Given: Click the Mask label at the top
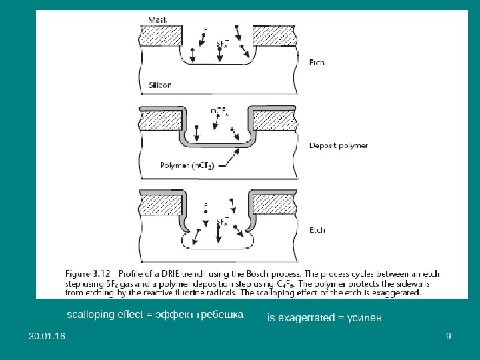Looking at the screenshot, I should click(x=158, y=19).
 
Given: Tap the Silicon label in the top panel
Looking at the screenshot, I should click(x=161, y=85).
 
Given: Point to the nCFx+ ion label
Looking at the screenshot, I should click(x=220, y=110).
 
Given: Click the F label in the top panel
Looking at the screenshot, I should click(x=205, y=29).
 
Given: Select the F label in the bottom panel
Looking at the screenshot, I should click(x=205, y=206).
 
